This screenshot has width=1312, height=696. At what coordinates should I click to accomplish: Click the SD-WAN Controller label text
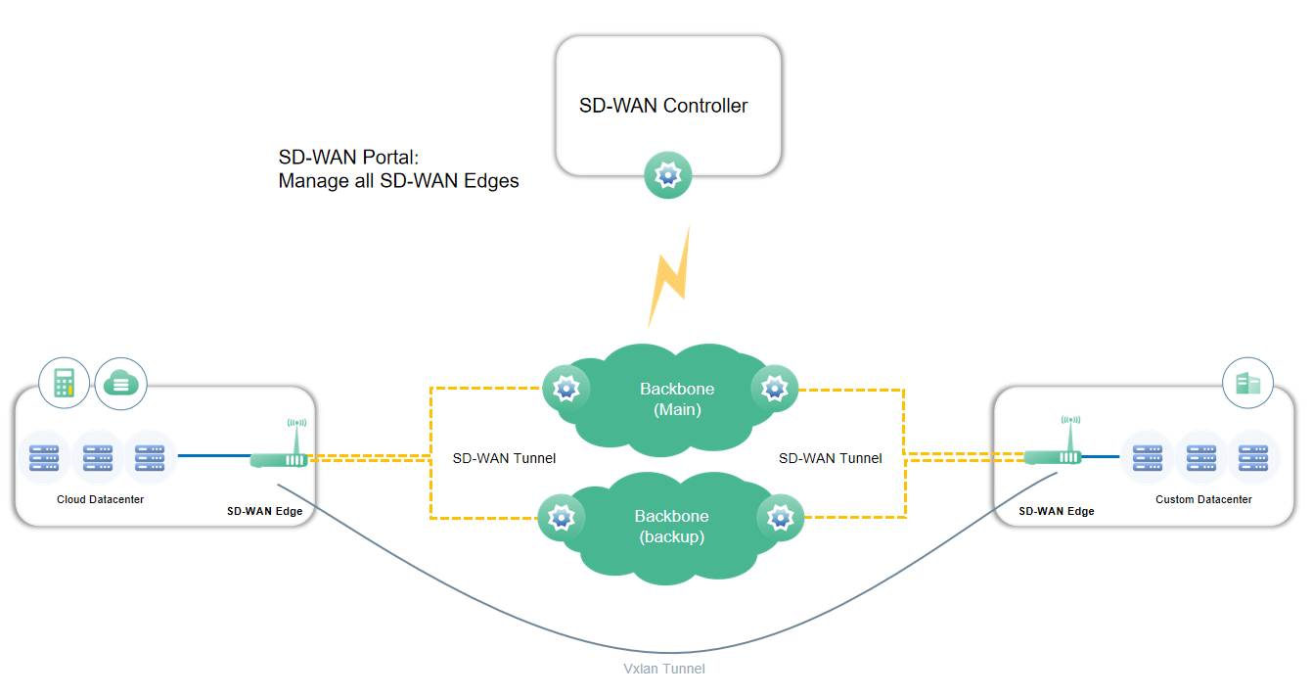(663, 106)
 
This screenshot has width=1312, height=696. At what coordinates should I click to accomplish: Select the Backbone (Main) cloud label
(677, 399)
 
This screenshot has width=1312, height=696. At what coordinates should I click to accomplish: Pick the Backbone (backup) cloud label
(671, 527)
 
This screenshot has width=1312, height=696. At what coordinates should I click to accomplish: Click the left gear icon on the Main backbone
(566, 389)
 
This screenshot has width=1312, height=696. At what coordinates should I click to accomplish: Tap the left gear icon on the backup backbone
(562, 516)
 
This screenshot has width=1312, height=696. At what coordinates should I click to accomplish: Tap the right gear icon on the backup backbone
(780, 516)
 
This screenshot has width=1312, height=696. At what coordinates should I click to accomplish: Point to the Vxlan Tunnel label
(664, 669)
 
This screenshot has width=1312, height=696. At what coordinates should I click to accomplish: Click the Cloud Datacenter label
(100, 499)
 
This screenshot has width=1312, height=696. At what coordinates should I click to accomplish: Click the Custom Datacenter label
(1203, 499)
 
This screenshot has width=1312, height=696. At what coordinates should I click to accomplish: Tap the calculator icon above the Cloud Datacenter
(64, 383)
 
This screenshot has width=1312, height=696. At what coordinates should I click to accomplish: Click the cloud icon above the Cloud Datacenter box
(120, 383)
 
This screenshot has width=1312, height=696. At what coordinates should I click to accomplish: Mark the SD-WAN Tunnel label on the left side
(504, 458)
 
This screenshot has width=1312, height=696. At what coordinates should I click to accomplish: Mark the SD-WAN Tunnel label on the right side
(830, 458)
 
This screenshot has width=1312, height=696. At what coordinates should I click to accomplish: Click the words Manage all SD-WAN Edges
(398, 181)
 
